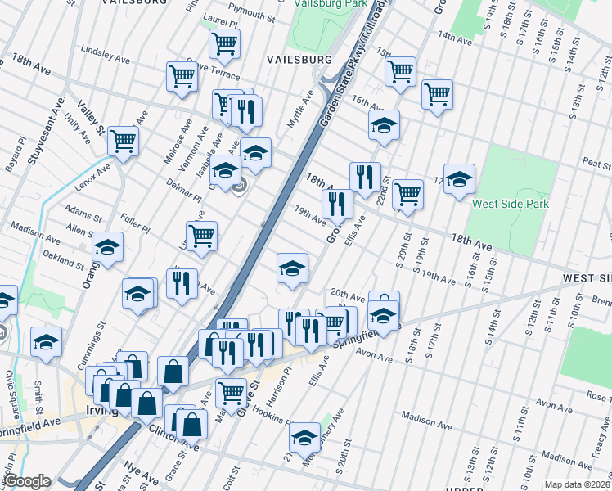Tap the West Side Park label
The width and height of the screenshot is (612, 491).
510,203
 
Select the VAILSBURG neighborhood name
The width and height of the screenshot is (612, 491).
299,60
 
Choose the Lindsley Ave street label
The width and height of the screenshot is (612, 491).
105,58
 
